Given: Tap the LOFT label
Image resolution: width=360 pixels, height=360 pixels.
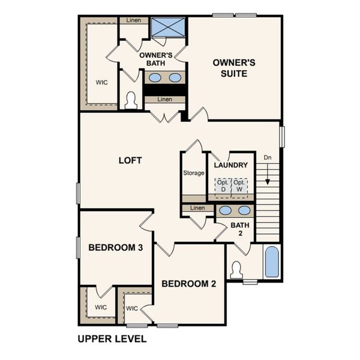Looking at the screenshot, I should click(130, 160).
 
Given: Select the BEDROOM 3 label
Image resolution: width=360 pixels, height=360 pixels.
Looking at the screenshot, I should click(115, 247).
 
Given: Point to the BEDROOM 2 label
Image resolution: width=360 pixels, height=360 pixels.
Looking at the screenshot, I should click(188, 284).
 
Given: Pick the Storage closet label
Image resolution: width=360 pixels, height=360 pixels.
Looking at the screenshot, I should click(194, 173).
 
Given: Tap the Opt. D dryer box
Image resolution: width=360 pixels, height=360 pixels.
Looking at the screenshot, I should click(223, 185).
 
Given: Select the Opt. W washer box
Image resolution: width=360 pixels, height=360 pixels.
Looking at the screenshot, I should click(239, 185).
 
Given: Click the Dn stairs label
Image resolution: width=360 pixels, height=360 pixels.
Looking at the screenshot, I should click(268, 157).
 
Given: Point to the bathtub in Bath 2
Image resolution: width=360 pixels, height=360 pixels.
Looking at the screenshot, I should click(272, 262).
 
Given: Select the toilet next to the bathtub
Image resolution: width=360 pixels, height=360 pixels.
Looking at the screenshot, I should click(236, 270).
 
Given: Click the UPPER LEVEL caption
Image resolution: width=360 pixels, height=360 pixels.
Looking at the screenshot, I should click(112, 339).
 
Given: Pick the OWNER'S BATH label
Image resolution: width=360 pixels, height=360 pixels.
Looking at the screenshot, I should click(156, 59).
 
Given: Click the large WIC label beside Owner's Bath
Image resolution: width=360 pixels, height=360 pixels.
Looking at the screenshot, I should click(101, 82).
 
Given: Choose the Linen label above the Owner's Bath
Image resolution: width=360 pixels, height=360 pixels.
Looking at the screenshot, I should click(134, 20).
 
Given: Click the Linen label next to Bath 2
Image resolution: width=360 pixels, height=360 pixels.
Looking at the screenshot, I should click(197, 208).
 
